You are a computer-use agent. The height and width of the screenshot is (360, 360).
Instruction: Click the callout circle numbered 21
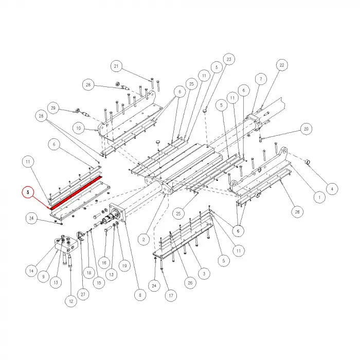point(116,66)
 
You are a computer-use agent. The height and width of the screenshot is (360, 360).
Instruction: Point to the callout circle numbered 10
point(79,127)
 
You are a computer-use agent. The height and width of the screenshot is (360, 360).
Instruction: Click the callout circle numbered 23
point(228,59)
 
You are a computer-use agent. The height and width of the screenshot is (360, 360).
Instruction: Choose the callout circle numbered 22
point(281,65)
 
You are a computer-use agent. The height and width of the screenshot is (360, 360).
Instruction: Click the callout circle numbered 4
point(332,189)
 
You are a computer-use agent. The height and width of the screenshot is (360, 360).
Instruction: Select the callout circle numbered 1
point(318,196)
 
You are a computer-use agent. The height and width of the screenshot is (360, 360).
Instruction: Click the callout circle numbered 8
point(138,295)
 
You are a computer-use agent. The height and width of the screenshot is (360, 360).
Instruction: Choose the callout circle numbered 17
point(171,296)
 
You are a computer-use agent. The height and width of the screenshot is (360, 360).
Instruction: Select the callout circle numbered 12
point(69,300)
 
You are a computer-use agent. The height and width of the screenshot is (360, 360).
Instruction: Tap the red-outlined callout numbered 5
point(28,192)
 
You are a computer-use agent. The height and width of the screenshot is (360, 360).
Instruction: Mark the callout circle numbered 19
point(123,266)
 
